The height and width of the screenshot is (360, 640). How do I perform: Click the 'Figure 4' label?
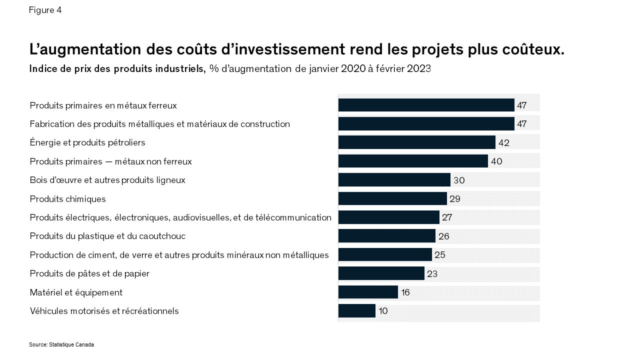(45, 10)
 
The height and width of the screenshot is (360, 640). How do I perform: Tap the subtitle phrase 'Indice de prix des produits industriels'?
(117, 69)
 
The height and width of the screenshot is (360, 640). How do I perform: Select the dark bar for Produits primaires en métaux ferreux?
(426, 105)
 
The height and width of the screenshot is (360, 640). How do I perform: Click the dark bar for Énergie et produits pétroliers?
(416, 142)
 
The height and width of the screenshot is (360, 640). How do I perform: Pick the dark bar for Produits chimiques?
(392, 198)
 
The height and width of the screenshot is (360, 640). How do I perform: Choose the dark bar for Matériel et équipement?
(368, 292)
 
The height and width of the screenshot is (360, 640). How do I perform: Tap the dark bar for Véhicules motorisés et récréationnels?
(356, 311)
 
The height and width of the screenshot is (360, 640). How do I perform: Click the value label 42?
(503, 143)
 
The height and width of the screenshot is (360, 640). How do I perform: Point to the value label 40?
(496, 161)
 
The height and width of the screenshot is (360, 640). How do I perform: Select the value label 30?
(458, 180)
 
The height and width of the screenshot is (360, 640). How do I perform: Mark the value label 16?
(405, 292)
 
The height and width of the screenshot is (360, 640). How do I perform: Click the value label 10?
(383, 311)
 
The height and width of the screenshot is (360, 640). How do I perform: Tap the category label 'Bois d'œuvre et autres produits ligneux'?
(107, 180)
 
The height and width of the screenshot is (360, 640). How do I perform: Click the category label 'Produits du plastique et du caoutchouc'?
(107, 236)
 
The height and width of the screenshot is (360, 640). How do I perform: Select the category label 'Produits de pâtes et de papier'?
(89, 273)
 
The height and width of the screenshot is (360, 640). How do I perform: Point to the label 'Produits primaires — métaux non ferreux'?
(110, 161)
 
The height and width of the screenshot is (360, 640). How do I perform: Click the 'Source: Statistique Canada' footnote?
(61, 345)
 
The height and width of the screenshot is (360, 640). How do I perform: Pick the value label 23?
(432, 274)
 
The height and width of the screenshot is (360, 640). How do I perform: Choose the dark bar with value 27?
(388, 217)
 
